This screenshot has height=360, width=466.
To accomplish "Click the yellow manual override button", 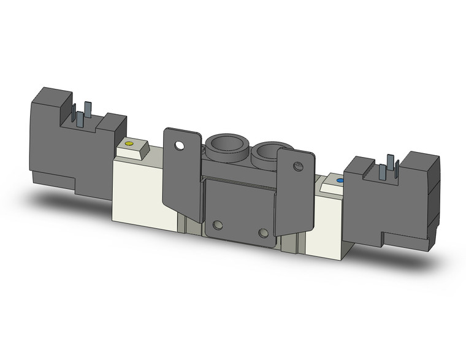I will pos(128,144).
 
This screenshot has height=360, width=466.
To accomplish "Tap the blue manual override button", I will pos(340,181).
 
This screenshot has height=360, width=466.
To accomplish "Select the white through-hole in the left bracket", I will pos(179,146).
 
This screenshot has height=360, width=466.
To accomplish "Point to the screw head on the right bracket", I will pos(298,167).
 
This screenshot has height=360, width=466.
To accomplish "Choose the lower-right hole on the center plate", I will pos(263,233).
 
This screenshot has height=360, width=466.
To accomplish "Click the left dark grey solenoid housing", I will pos(67,147).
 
